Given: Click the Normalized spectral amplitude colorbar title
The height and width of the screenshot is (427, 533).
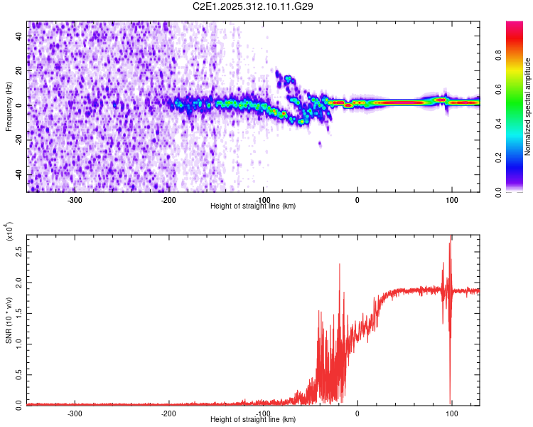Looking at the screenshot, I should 528,107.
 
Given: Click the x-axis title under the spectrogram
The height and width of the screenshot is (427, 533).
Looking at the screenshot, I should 254,206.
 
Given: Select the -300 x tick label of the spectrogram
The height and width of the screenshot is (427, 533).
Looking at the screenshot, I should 75,199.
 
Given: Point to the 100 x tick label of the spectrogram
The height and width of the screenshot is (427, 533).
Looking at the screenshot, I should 451,199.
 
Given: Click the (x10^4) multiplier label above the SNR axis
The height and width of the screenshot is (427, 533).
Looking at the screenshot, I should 9,231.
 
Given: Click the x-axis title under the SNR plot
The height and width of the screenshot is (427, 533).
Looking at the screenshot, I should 254,419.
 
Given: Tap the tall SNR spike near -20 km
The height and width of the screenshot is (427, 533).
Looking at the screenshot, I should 340,265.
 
